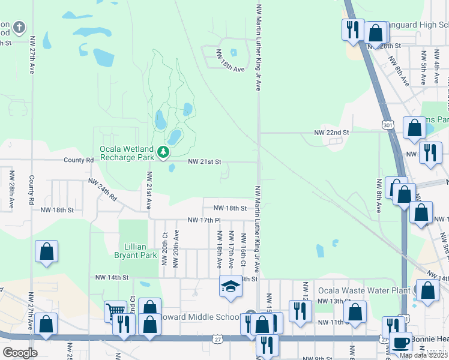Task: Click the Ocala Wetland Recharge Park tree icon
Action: click(x=163, y=154)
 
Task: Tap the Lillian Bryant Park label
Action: click(x=135, y=250)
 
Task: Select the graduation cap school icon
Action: click(x=230, y=286)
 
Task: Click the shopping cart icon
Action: click(x=115, y=311)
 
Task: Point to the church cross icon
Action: click(x=19, y=28)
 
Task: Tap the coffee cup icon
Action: click(x=400, y=343)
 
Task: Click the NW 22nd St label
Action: click(x=331, y=132)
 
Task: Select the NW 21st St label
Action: click(x=205, y=162)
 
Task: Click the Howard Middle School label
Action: click(x=200, y=317)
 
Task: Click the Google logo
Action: click(x=20, y=353)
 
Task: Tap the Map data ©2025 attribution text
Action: click(x=423, y=355)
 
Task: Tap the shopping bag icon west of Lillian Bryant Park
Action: click(x=46, y=253)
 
